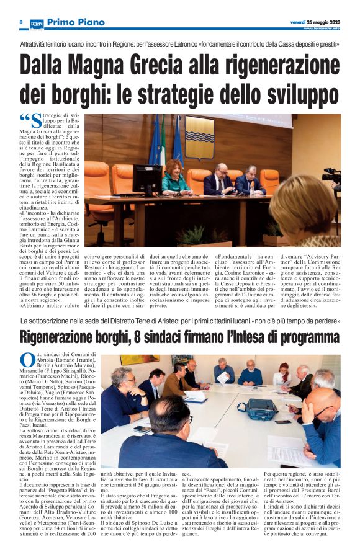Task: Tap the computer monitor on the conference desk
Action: tap(147, 179)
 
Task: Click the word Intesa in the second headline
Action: tap(254, 338)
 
